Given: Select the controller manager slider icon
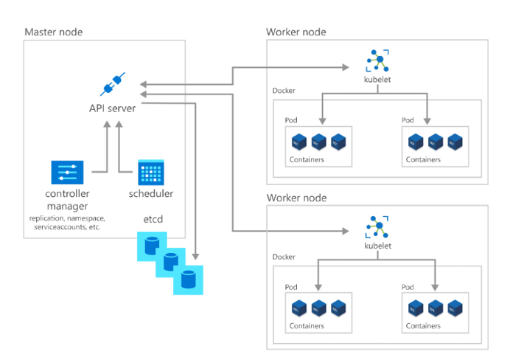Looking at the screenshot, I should click(x=67, y=171).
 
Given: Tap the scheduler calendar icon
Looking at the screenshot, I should click(x=150, y=171).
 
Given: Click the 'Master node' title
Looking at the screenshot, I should click(x=54, y=32).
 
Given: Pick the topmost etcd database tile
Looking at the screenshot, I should click(x=151, y=246).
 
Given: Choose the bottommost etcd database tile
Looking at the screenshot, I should click(x=187, y=280).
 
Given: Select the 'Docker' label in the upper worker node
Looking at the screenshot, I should click(x=284, y=91).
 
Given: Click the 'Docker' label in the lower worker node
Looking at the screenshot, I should click(x=284, y=257).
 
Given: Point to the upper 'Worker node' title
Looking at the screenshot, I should click(x=296, y=32).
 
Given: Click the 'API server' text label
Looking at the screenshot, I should click(x=112, y=108).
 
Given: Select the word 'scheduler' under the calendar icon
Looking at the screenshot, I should click(x=151, y=194).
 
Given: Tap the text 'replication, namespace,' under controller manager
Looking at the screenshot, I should click(x=67, y=218).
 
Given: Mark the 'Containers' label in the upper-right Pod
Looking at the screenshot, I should click(x=423, y=159).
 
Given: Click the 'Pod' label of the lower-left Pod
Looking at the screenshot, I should click(x=292, y=286).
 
